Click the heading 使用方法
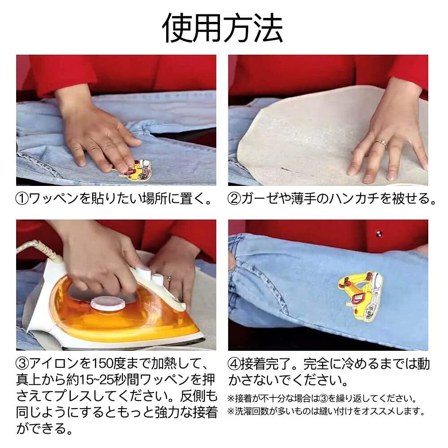223,28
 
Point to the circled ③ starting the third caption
22,364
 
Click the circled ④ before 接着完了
234,364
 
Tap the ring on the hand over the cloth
381,143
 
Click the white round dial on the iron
108,303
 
